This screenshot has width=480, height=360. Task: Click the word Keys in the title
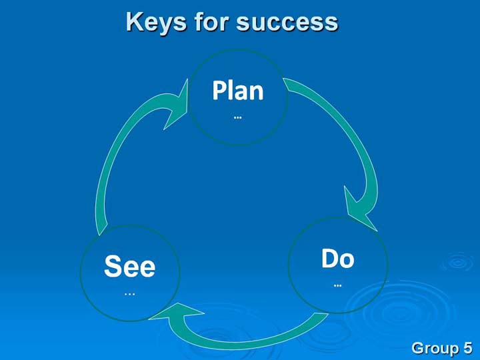point(156,23)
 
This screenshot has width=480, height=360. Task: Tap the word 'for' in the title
point(211,21)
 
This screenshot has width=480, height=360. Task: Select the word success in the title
point(287,23)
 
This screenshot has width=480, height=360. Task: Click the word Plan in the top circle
point(238,90)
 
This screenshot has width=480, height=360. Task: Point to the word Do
point(337,259)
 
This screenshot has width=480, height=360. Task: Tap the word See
point(130,266)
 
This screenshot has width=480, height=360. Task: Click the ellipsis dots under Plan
point(237,117)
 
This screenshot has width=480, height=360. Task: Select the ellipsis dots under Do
point(337,285)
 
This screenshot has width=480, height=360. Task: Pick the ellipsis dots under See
point(130,294)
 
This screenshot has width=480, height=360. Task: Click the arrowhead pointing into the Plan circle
point(177,105)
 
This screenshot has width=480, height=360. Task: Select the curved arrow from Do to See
point(245,345)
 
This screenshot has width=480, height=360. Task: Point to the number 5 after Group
point(468,348)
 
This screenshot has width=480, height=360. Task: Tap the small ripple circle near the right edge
point(458,263)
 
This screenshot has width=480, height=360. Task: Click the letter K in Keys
point(135,21)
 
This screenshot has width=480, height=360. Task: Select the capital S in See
point(112,266)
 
